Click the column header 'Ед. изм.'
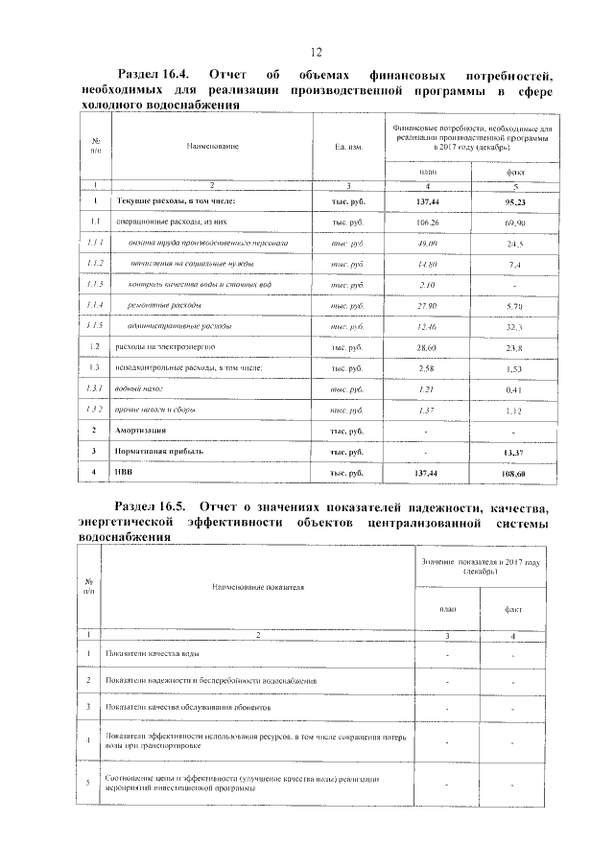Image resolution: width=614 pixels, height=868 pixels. point(348,146)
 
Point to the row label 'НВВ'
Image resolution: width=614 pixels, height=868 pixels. point(127,473)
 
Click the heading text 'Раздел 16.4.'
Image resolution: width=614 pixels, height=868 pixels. point(153,74)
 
